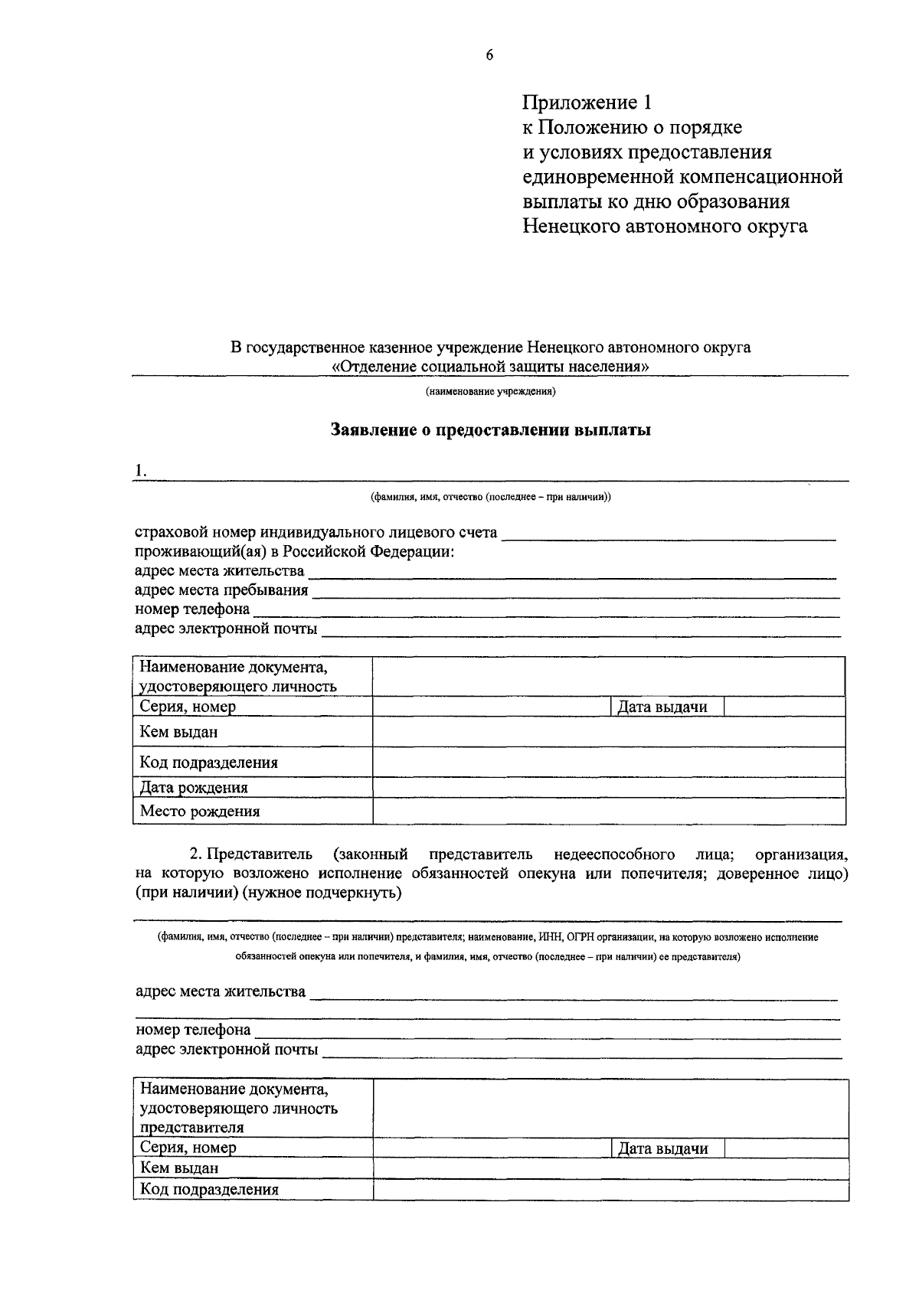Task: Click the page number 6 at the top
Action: coord(489,55)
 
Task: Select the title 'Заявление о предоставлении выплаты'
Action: coord(490,430)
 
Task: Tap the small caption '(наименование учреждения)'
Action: coord(490,392)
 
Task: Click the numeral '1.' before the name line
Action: coord(140,472)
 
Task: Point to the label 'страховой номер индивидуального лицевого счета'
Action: coord(316,532)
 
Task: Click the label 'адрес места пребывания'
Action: coord(221,590)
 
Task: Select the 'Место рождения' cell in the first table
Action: coord(200,812)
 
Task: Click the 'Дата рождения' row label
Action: coord(194,788)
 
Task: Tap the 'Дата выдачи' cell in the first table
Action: coord(662,707)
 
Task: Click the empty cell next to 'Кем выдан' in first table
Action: coord(609,733)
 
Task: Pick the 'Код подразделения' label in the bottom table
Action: coord(209,1190)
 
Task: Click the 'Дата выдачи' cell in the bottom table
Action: coord(662,1148)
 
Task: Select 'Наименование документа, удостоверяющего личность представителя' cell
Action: coord(239,1108)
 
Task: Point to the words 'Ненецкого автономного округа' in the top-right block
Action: coord(665,227)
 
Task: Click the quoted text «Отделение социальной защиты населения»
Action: coord(490,366)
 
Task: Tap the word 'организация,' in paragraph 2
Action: coord(800,854)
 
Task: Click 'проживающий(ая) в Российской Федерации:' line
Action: coord(294,552)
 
